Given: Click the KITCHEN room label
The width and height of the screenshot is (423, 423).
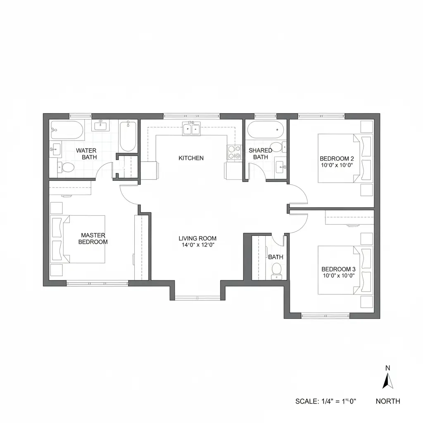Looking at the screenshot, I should [191, 158].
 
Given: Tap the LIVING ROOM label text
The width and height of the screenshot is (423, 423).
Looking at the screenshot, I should [197, 238].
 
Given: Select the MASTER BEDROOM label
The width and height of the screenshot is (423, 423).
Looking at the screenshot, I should [93, 238].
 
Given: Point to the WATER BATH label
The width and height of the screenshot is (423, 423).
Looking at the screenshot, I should [86, 154].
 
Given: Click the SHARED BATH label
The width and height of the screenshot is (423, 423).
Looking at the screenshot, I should [260, 154].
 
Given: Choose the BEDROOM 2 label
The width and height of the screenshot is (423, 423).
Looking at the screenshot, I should [337, 158].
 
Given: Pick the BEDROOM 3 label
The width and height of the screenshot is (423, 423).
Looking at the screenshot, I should [338, 269].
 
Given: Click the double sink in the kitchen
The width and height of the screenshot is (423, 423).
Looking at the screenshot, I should [191, 129].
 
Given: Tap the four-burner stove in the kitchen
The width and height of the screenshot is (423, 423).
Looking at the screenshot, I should [234, 152].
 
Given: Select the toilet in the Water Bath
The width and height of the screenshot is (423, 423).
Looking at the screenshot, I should [67, 167].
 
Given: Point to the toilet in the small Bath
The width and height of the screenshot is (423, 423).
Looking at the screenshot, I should [276, 269].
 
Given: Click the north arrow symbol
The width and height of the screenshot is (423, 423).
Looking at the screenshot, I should [387, 380].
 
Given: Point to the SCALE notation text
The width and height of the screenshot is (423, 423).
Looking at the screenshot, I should [326, 401].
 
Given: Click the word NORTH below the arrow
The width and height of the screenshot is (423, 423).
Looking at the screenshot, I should [387, 401].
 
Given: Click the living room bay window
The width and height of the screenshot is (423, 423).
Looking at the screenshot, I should [197, 297].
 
